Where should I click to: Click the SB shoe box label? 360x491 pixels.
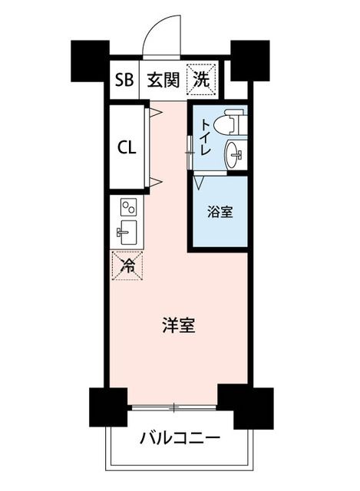pos(124,80)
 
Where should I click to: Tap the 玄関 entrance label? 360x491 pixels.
pos(163,80)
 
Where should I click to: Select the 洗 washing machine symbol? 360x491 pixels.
pos(201,78)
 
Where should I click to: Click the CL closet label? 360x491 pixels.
pos(127,147)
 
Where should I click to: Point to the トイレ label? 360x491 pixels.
pos(205,137)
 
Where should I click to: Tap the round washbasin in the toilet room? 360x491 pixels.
pos(234,154)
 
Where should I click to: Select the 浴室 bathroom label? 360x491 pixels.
pos(220,212)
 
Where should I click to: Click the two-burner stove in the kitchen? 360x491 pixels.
pos(128,207)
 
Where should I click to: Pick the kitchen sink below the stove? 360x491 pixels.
pos(127,232)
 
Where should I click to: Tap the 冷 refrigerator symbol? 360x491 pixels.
pos(127,265)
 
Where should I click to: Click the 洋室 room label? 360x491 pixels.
pos(179,325)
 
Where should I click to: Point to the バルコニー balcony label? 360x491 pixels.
pos(180,439)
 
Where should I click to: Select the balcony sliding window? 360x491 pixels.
pos(174,407)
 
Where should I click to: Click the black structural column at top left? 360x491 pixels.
pos(91,61)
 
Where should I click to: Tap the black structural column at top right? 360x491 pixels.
pos(250,61)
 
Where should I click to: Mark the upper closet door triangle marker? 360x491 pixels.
pos(156,112)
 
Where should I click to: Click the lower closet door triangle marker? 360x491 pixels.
pos(156,181)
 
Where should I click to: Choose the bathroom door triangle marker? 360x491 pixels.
pos(199,182)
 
